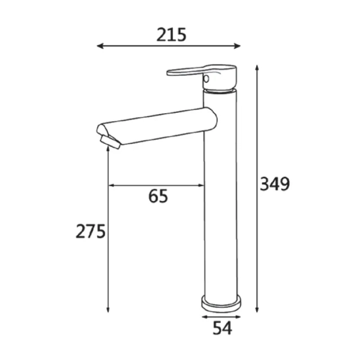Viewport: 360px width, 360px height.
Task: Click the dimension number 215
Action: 171,35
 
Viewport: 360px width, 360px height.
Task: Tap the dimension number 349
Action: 275,184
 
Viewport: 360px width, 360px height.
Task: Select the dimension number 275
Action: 91,231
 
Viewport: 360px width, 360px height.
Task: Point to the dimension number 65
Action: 158,196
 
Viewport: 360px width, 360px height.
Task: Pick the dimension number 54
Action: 223,328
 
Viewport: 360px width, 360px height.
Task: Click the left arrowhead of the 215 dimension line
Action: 100,46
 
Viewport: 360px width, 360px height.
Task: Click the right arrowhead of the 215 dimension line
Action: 238,46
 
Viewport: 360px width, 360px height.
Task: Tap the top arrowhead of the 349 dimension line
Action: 257,68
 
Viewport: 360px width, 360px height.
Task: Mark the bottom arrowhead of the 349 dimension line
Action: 257,310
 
